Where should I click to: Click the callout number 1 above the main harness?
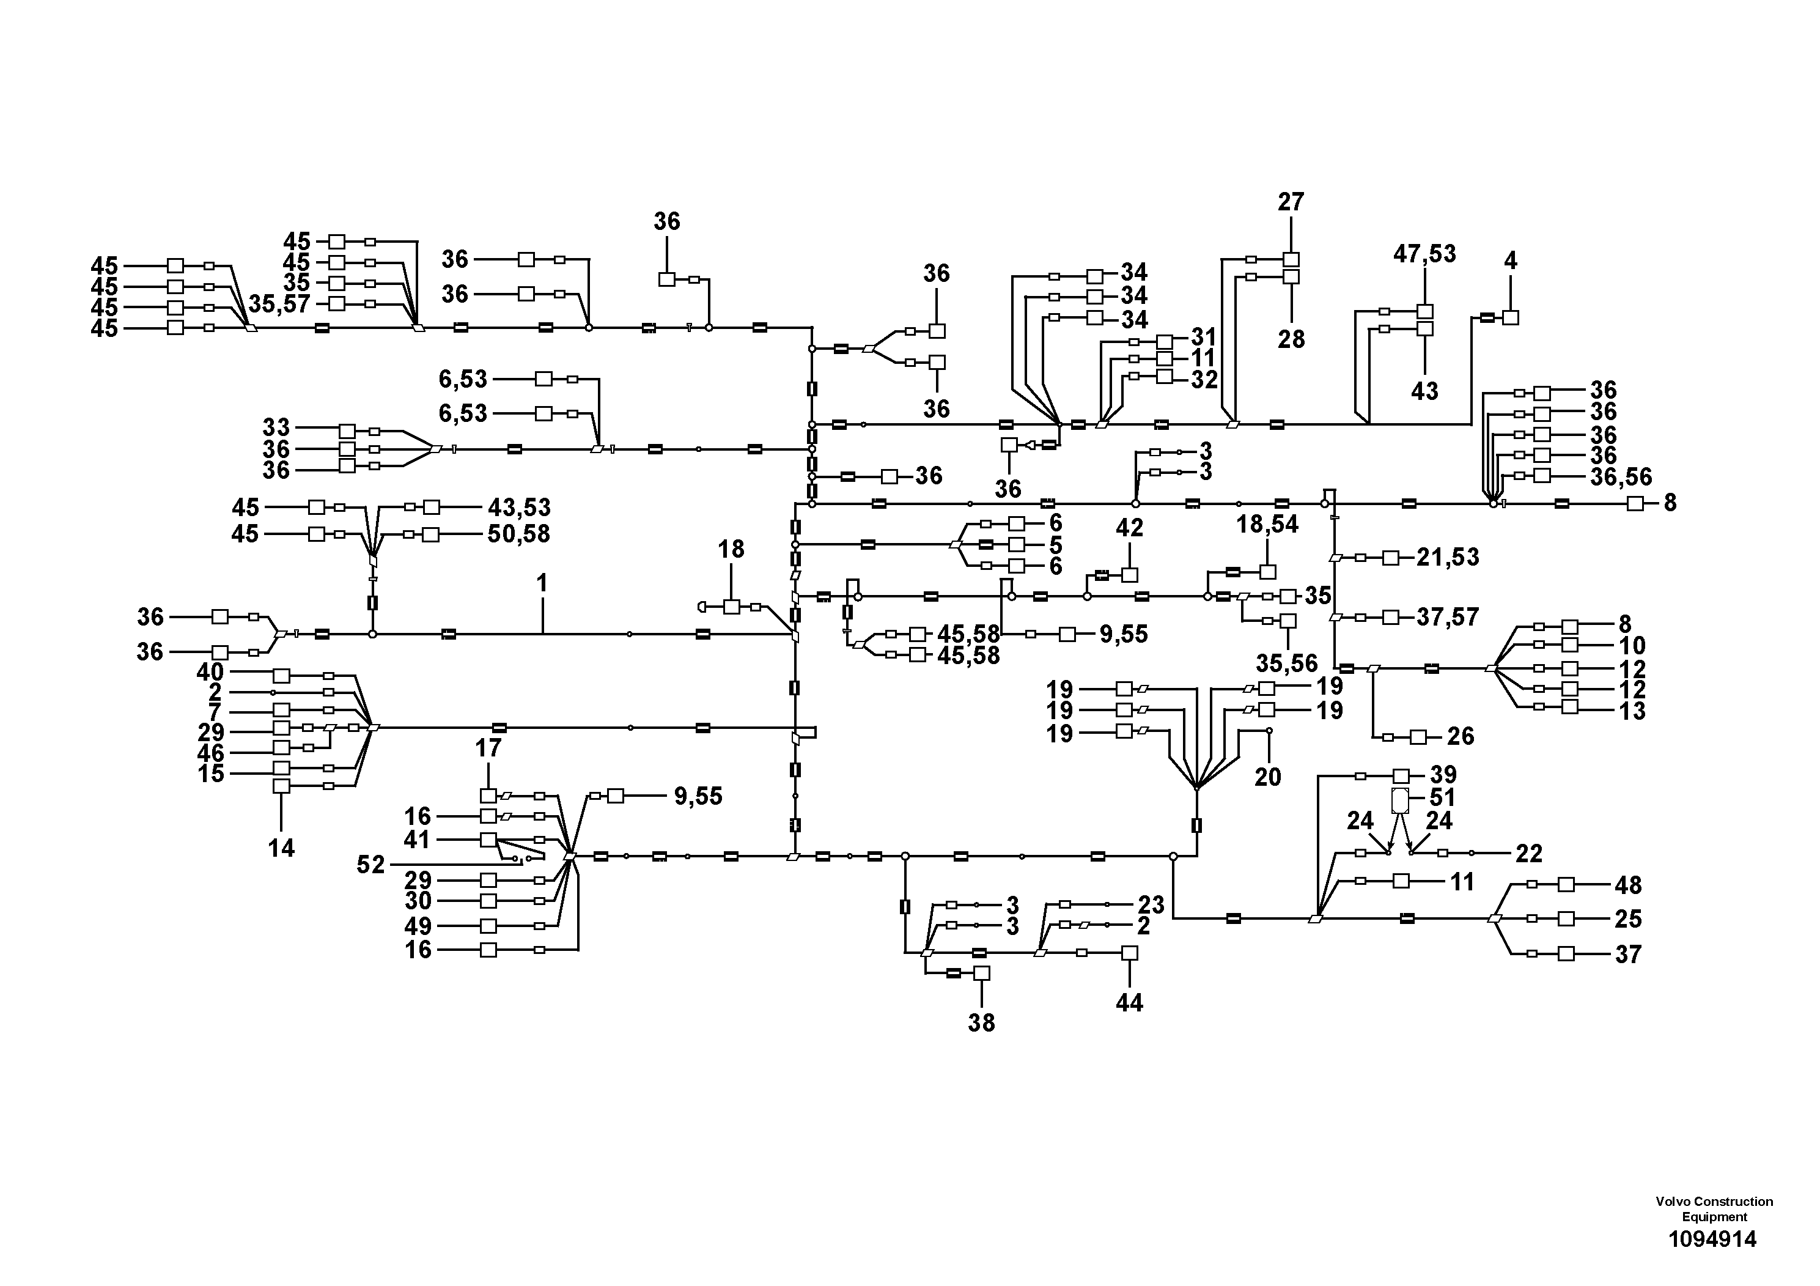(542, 583)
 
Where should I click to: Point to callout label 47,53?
(1424, 254)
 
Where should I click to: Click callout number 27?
(1291, 202)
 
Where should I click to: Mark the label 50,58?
(518, 534)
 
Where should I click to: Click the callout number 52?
(370, 864)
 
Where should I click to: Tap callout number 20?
(1267, 776)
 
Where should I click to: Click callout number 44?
(1130, 1003)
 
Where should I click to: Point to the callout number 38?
(981, 1023)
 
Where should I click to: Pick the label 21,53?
(1448, 557)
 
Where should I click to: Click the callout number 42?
(1130, 528)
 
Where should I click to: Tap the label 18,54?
(1267, 523)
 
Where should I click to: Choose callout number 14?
(281, 848)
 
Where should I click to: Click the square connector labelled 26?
(1418, 737)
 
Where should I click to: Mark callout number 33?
(276, 429)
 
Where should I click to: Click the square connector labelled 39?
(1401, 776)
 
